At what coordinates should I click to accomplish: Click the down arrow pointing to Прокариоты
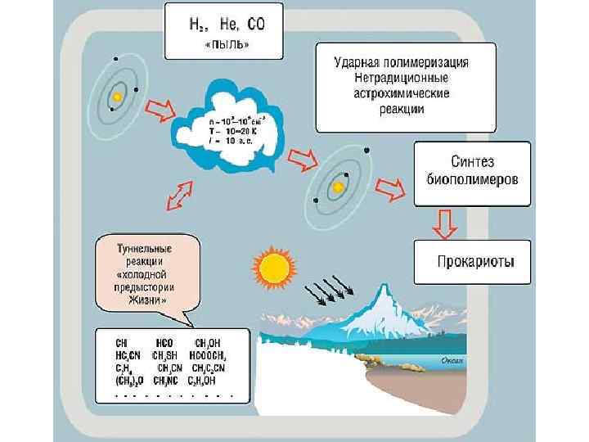(x=446, y=223)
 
